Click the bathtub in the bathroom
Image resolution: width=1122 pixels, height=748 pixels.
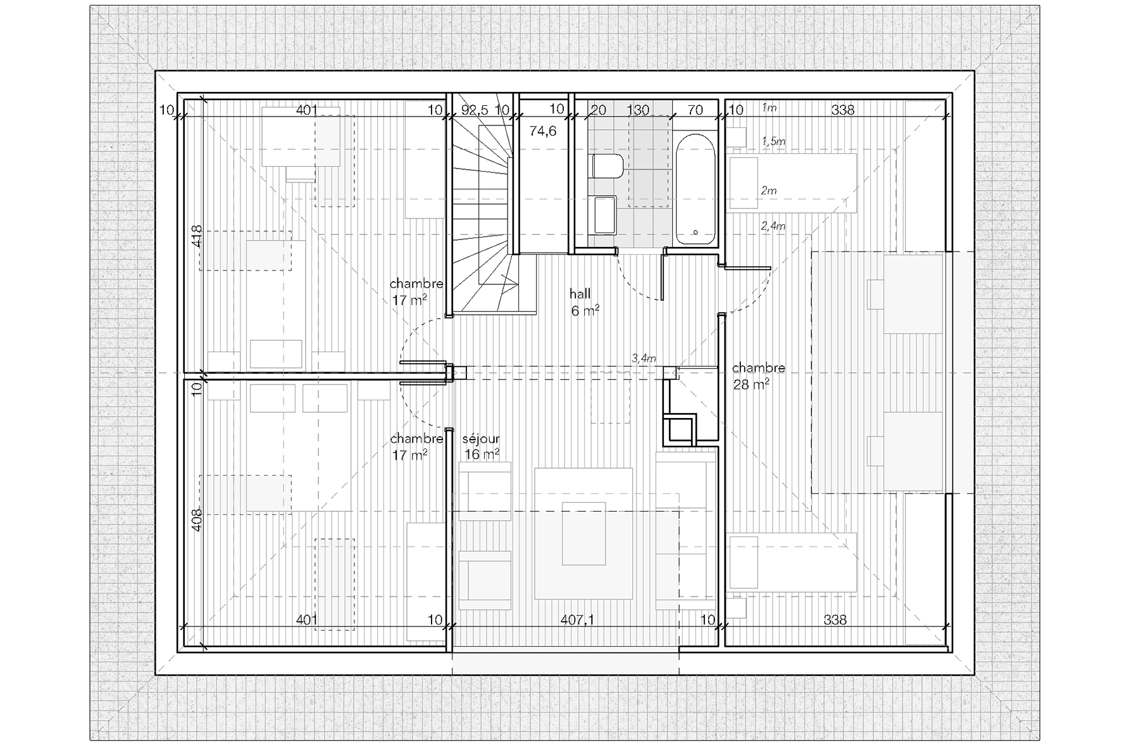[x=695, y=189]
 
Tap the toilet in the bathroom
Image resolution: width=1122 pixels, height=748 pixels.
[x=607, y=167]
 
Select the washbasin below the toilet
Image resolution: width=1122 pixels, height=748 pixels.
[x=604, y=214]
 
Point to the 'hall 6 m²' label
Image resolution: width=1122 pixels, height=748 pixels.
[x=584, y=302]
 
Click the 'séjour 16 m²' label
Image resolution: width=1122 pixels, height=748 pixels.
[x=482, y=447]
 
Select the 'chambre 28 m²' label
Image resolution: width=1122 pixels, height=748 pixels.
[x=758, y=376]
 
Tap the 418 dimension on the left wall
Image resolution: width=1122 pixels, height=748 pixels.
[x=197, y=236]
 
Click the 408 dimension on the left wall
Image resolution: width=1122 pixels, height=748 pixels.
[x=197, y=520]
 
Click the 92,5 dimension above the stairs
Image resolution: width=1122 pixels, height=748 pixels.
[x=474, y=110]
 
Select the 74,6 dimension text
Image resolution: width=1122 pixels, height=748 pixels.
[x=542, y=131]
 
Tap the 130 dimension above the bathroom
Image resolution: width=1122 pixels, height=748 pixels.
[x=638, y=110]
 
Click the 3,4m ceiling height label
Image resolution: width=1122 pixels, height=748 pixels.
[x=644, y=358]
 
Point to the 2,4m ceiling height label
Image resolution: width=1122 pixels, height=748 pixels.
[x=773, y=225]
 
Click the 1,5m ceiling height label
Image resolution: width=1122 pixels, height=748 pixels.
[x=773, y=141]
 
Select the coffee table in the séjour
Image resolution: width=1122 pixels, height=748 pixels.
[x=584, y=533]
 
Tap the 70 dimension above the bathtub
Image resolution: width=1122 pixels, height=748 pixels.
[x=695, y=110]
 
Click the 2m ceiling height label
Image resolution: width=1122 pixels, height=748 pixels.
[x=769, y=190]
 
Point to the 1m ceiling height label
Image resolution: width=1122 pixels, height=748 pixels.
[x=769, y=108]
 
